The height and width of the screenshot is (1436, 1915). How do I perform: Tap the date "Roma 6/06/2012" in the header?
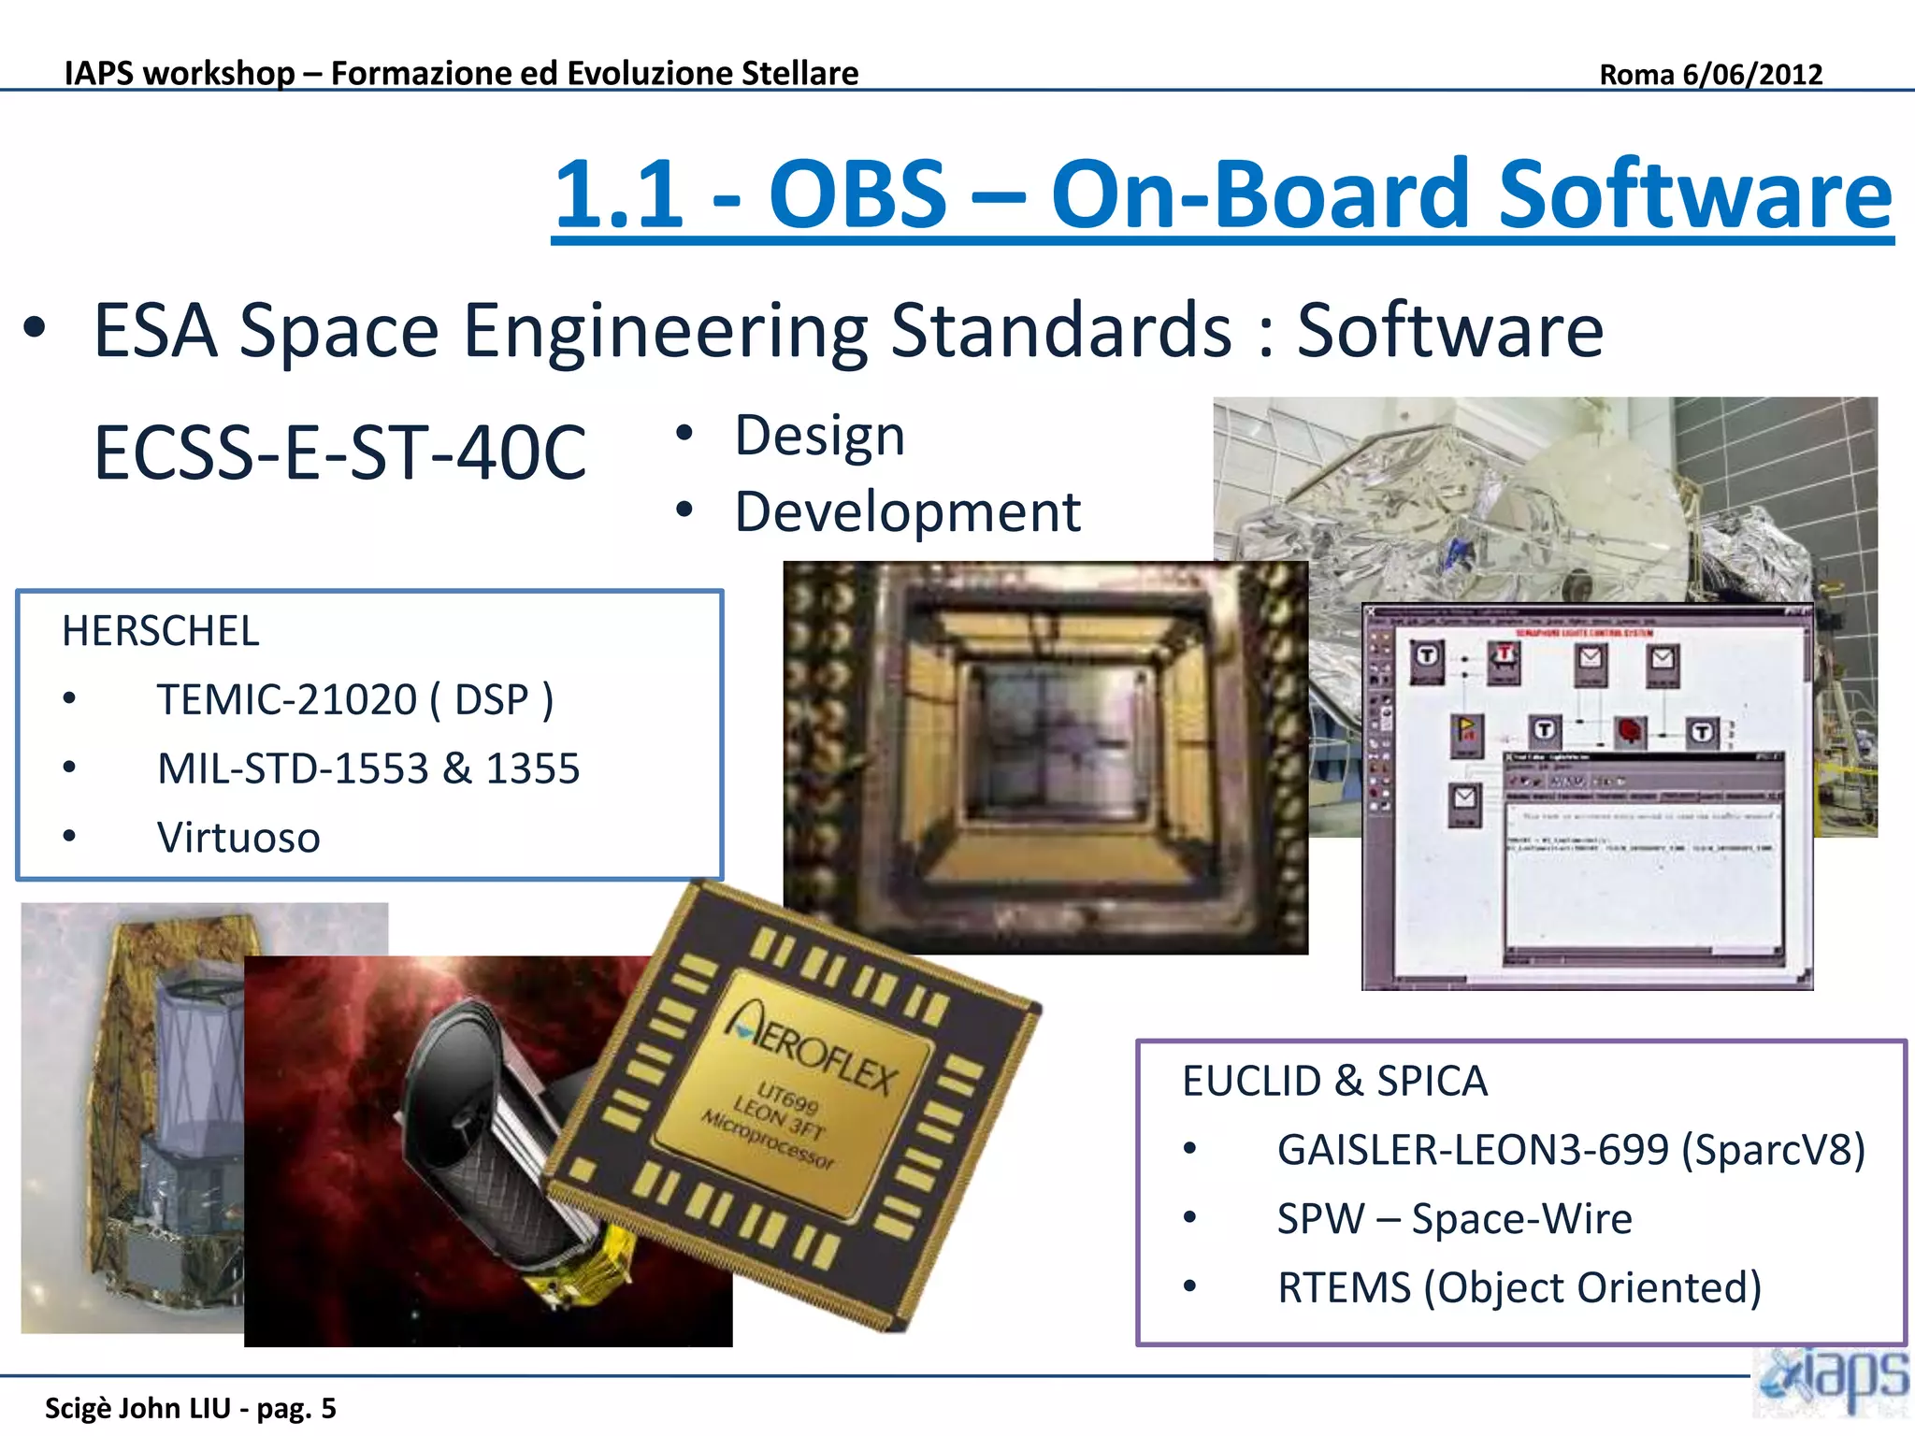1710,74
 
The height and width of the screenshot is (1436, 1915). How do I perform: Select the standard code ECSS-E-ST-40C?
340,452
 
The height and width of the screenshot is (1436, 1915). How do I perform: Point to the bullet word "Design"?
819,436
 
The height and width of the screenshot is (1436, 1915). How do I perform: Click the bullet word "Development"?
907,512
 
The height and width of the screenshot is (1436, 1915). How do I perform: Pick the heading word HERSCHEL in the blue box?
161,631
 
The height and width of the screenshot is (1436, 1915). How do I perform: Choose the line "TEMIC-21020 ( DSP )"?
355,700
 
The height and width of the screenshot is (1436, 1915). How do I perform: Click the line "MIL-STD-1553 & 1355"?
368,768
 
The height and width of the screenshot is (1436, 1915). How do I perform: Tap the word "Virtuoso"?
238,838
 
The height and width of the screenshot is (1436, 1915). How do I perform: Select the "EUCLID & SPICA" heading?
1334,1082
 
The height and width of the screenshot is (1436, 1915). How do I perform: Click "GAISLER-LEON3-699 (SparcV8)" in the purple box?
1571,1150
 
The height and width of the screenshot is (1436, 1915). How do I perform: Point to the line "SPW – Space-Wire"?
1454,1219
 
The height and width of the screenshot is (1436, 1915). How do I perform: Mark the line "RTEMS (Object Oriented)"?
1519,1287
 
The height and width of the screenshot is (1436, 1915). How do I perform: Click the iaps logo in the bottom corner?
1833,1381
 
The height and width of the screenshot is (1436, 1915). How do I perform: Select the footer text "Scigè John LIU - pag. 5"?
191,1408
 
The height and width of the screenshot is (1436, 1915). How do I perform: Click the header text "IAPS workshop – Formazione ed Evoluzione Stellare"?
462,73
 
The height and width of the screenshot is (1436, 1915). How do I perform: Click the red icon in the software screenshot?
1631,730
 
